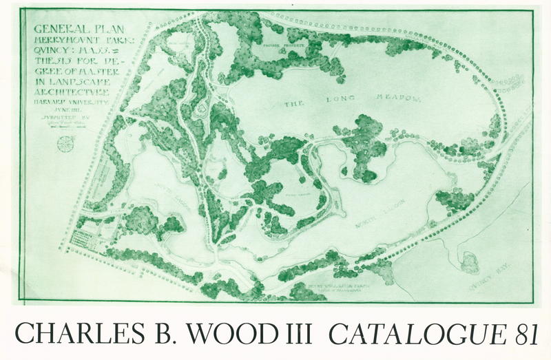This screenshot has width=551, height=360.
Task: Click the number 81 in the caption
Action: coord(528,334)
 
